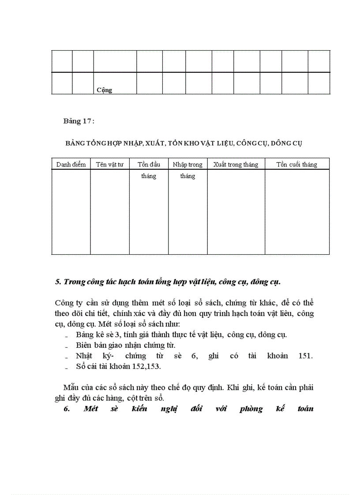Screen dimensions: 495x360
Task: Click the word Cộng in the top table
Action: pyautogui.click(x=104, y=90)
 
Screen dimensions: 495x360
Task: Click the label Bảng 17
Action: pyautogui.click(x=78, y=122)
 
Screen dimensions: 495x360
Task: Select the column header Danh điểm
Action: pyautogui.click(x=71, y=164)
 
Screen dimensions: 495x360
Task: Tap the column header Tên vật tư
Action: pyautogui.click(x=110, y=164)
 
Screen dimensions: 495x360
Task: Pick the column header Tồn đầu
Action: pyautogui.click(x=149, y=164)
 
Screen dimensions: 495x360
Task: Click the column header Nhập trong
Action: pyautogui.click(x=187, y=164)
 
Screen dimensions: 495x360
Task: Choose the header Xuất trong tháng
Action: pyautogui.click(x=236, y=164)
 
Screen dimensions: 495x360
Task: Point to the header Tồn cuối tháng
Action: pyautogui.click(x=296, y=164)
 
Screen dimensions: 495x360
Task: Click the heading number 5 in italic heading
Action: pyautogui.click(x=58, y=282)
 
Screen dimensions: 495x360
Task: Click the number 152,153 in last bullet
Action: pyautogui.click(x=146, y=366)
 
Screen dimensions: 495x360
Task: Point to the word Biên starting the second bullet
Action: pyautogui.click(x=83, y=345)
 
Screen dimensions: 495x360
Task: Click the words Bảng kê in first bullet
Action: pyautogui.click(x=88, y=334)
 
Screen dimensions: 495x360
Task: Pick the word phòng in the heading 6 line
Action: pyautogui.click(x=251, y=409)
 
